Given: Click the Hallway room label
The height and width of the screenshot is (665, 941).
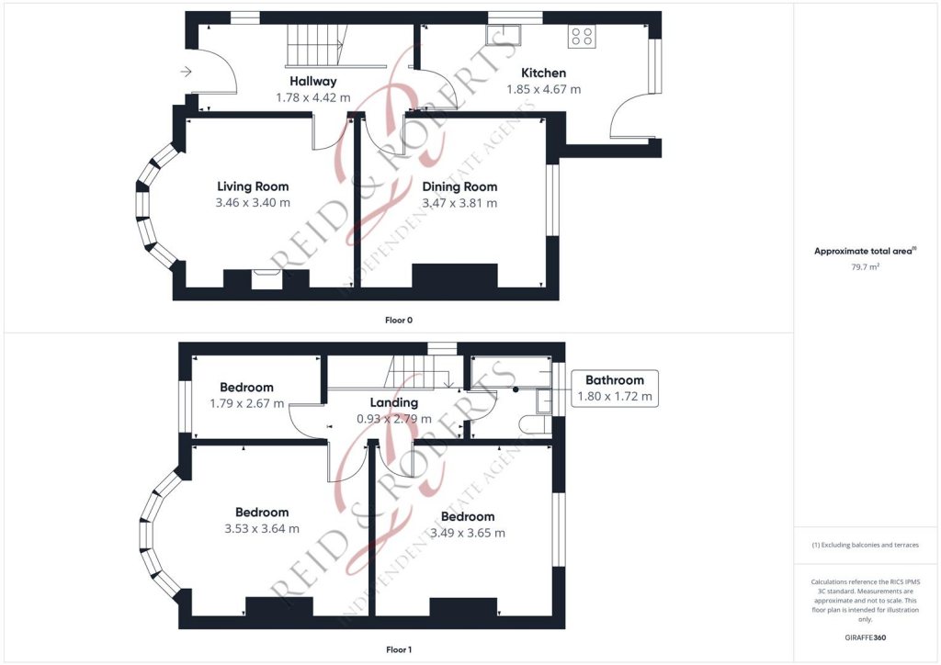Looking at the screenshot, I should coord(313,81).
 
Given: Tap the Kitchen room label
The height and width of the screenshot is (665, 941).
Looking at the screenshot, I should coord(543,73).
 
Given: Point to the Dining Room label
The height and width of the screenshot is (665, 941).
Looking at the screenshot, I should coord(459,186).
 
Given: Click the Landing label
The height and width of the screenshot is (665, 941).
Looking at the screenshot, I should coord(393,402).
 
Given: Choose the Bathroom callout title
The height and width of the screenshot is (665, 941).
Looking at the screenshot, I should coord(614,380).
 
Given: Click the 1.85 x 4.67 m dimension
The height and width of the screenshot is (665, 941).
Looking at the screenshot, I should coord(543,90).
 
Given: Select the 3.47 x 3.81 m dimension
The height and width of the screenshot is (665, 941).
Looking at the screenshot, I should coord(459,203).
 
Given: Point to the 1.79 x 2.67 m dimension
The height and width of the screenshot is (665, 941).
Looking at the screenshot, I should coord(246,403).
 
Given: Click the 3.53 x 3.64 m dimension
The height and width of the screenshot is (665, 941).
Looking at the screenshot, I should coord(262,528).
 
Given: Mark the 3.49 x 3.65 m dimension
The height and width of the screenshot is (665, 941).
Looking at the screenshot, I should coord(468,533).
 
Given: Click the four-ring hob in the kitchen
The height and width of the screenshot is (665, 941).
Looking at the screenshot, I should coord(582,36).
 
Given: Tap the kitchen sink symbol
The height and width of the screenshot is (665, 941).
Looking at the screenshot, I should coord(503,35).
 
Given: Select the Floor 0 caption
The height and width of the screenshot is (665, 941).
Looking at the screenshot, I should coord(398,321).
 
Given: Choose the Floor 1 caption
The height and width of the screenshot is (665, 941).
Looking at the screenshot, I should coord(398,649).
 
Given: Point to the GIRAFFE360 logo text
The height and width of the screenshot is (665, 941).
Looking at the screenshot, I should coord(866,637).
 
